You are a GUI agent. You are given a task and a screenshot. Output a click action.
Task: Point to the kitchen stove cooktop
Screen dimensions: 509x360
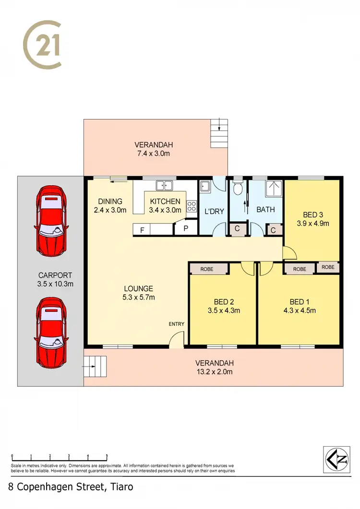point(192,206)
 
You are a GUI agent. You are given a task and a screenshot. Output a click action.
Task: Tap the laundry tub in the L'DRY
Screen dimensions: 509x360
point(204,186)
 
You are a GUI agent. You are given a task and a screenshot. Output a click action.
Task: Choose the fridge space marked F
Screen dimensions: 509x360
point(142,230)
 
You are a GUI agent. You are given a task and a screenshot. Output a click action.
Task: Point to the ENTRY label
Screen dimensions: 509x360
point(176,324)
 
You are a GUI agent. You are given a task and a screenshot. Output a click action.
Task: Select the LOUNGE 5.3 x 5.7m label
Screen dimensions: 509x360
point(138,293)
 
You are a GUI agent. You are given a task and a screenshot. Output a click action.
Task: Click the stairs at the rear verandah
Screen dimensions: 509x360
point(219,133)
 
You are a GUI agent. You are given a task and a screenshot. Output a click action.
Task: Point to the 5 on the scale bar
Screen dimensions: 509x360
point(107,456)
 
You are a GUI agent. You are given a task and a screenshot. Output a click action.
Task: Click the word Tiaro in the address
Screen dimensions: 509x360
point(120,486)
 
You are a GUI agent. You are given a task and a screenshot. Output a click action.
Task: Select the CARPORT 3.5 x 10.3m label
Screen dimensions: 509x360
point(55,280)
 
